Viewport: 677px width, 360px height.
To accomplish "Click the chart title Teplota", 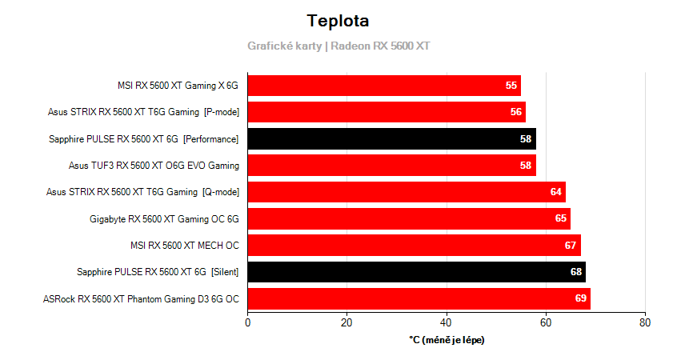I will click(x=338, y=21).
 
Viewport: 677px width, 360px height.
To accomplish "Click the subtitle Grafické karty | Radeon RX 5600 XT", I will click(x=338, y=46).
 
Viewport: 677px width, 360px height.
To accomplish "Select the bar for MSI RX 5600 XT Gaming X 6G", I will click(x=384, y=86).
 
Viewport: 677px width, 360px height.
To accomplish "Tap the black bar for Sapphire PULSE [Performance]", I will click(x=391, y=139).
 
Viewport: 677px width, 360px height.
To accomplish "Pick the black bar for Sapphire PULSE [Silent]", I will click(x=416, y=272).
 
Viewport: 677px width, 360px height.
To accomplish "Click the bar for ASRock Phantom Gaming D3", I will click(x=419, y=299).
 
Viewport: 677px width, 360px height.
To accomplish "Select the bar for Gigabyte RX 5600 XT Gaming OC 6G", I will click(x=409, y=218).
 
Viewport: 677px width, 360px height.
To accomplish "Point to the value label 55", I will click(x=511, y=86).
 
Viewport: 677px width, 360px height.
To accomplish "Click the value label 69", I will click(x=581, y=299).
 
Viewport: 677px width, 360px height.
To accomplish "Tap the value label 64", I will click(x=556, y=192).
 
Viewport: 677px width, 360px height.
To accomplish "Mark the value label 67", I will click(x=571, y=246).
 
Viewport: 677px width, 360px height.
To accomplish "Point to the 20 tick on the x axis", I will click(x=347, y=322).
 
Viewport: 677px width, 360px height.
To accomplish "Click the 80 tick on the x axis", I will click(x=645, y=322).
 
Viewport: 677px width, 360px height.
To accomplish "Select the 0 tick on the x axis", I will click(x=247, y=322).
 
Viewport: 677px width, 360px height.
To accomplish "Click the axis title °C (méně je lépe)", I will click(x=447, y=340).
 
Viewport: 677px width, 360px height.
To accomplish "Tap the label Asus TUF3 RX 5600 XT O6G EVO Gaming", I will click(x=154, y=166).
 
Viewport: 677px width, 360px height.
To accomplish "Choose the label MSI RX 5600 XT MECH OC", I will click(x=184, y=246).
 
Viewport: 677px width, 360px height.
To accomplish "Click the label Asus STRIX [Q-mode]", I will click(x=142, y=192).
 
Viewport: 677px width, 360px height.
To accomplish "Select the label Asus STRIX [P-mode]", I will click(x=142, y=112).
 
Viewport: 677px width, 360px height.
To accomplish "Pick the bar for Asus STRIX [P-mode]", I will click(x=387, y=112).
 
